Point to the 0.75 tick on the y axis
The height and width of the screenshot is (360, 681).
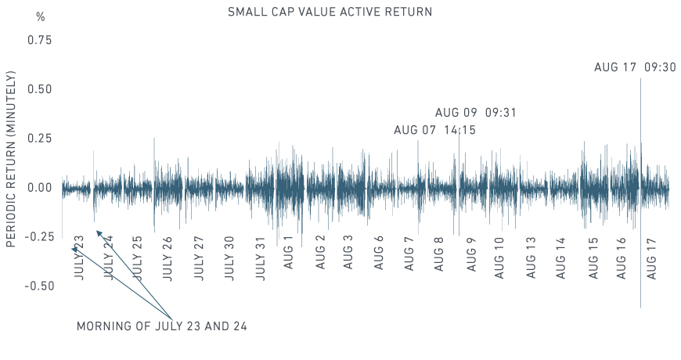pos(39,40)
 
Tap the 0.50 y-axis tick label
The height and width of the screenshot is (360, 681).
pos(39,89)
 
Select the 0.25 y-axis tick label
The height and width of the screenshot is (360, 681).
pos(39,139)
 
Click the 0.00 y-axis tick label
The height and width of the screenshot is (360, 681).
pos(39,188)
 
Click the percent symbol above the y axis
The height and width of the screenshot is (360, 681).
pos(41,16)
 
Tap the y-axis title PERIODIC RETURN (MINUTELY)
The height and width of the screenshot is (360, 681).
pos(12,159)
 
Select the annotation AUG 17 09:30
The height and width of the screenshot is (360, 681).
pos(635,68)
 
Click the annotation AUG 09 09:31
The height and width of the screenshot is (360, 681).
pos(476,113)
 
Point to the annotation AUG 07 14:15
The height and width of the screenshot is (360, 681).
pos(434,131)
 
